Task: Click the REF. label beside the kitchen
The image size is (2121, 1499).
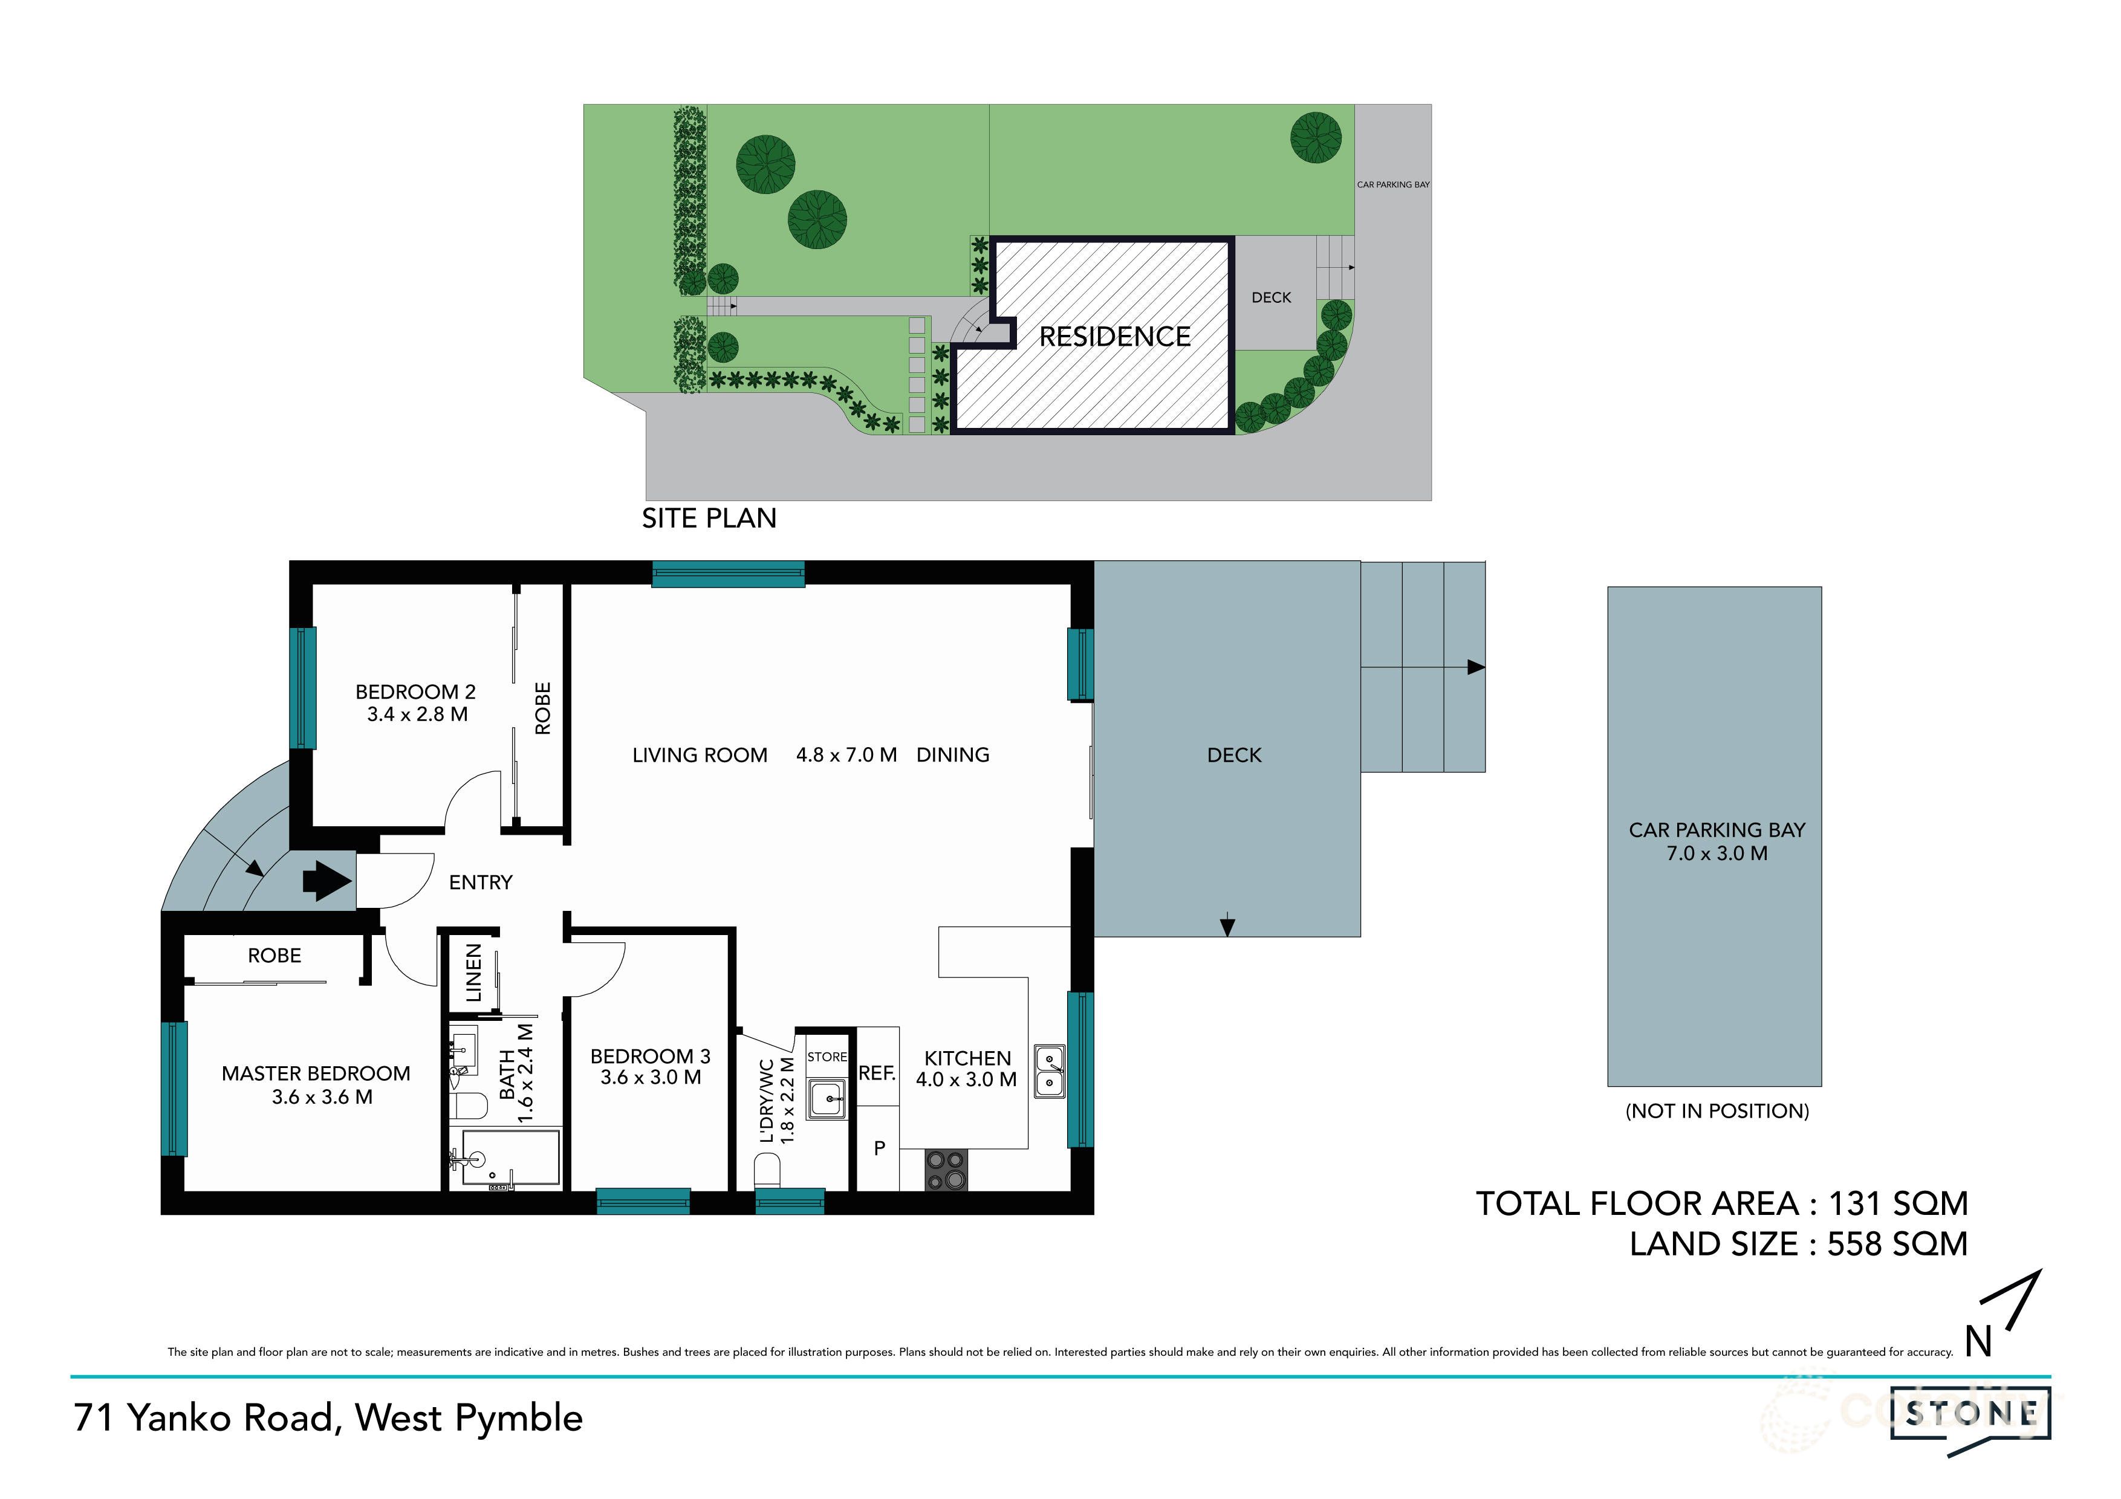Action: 877,1073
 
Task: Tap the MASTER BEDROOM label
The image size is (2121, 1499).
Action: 316,1073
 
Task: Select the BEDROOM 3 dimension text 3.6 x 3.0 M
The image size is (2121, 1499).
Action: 651,1078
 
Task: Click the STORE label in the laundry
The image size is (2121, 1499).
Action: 827,1057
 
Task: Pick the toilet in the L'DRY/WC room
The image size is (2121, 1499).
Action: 768,1174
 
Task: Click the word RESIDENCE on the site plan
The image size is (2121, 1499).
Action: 1114,337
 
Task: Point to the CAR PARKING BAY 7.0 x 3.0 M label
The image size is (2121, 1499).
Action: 1717,841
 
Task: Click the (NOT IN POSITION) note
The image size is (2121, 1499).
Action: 1717,1111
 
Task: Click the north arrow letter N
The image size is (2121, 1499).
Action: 1978,1342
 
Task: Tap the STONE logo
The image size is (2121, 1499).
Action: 1971,1413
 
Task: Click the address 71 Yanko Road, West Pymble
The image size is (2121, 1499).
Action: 328,1418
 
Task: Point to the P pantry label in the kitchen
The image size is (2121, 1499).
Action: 880,1148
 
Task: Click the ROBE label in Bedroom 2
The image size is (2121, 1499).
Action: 542,708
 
